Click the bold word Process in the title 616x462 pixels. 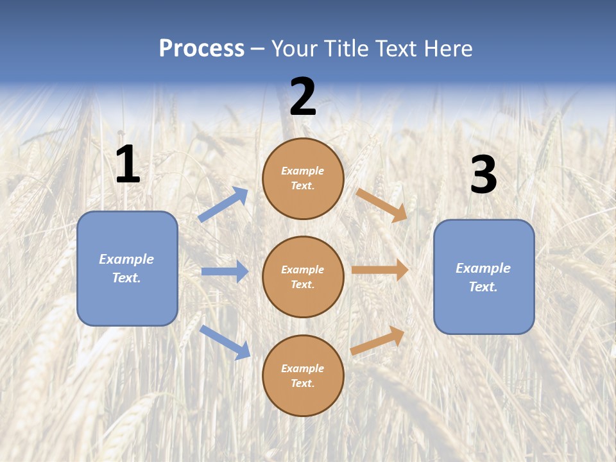click(x=201, y=49)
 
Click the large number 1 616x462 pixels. click(x=128, y=165)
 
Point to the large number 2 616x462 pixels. click(x=303, y=98)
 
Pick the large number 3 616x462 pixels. click(x=483, y=175)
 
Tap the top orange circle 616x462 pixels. click(x=303, y=178)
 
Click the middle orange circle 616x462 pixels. click(x=303, y=277)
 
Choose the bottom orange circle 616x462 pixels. click(x=303, y=376)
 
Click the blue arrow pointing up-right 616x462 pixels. click(x=223, y=205)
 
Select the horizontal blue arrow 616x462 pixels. click(x=225, y=271)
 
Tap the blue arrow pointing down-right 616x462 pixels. click(x=225, y=342)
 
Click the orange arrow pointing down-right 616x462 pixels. click(x=382, y=205)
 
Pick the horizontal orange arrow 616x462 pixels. click(x=380, y=270)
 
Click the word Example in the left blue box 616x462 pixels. click(x=126, y=259)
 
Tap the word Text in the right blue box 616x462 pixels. click(x=483, y=287)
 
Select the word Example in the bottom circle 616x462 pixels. click(x=303, y=368)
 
